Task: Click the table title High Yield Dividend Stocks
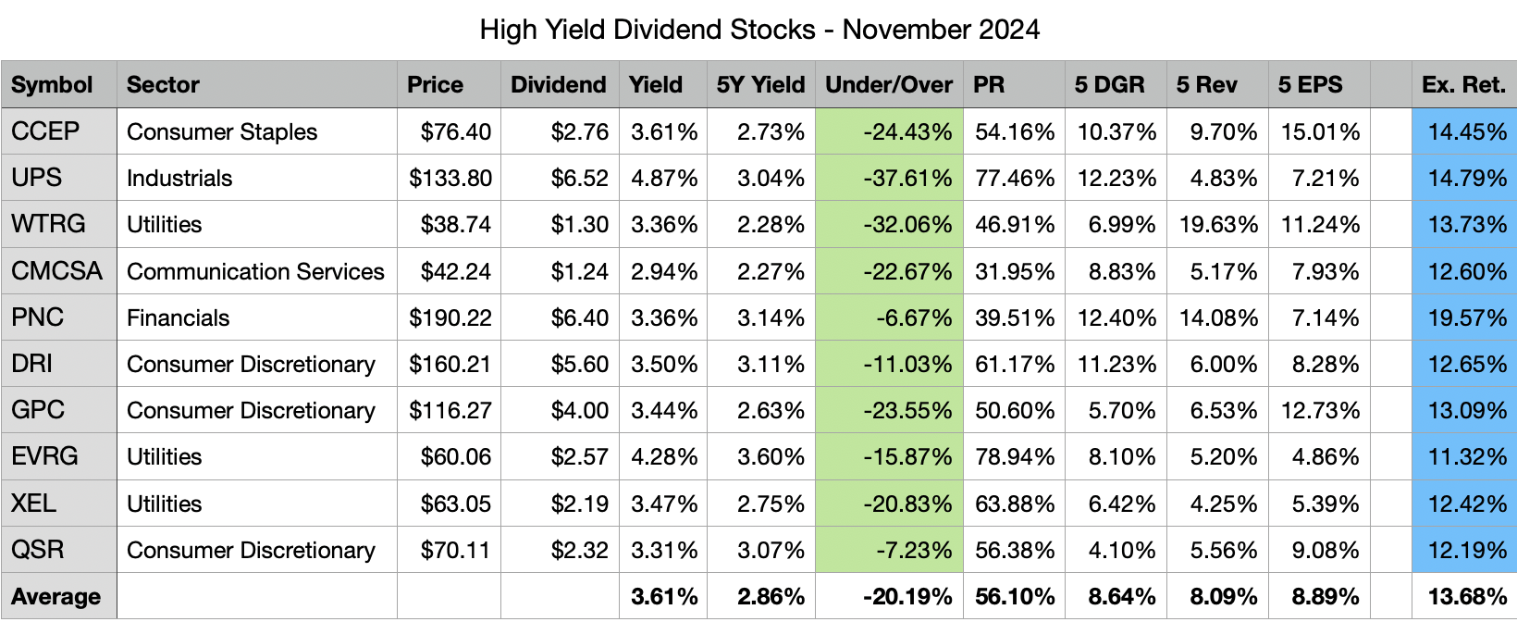point(758,30)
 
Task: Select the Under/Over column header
point(888,85)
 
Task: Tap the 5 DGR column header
point(1109,85)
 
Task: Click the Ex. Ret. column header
point(1463,85)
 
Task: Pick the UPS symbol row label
point(37,178)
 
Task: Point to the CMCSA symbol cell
point(56,271)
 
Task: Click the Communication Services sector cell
point(255,271)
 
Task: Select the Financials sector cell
point(178,317)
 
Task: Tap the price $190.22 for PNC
point(450,317)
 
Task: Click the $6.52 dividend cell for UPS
point(580,178)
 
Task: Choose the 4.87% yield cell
point(663,178)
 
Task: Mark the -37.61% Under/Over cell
point(907,178)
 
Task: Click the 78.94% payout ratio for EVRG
point(1015,456)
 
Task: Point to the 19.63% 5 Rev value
point(1218,224)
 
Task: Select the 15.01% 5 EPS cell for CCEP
point(1320,131)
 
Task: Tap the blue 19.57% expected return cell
point(1467,317)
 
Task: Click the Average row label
point(55,597)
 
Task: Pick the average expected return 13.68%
point(1467,597)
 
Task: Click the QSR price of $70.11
point(456,550)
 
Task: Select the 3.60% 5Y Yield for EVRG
point(771,456)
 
